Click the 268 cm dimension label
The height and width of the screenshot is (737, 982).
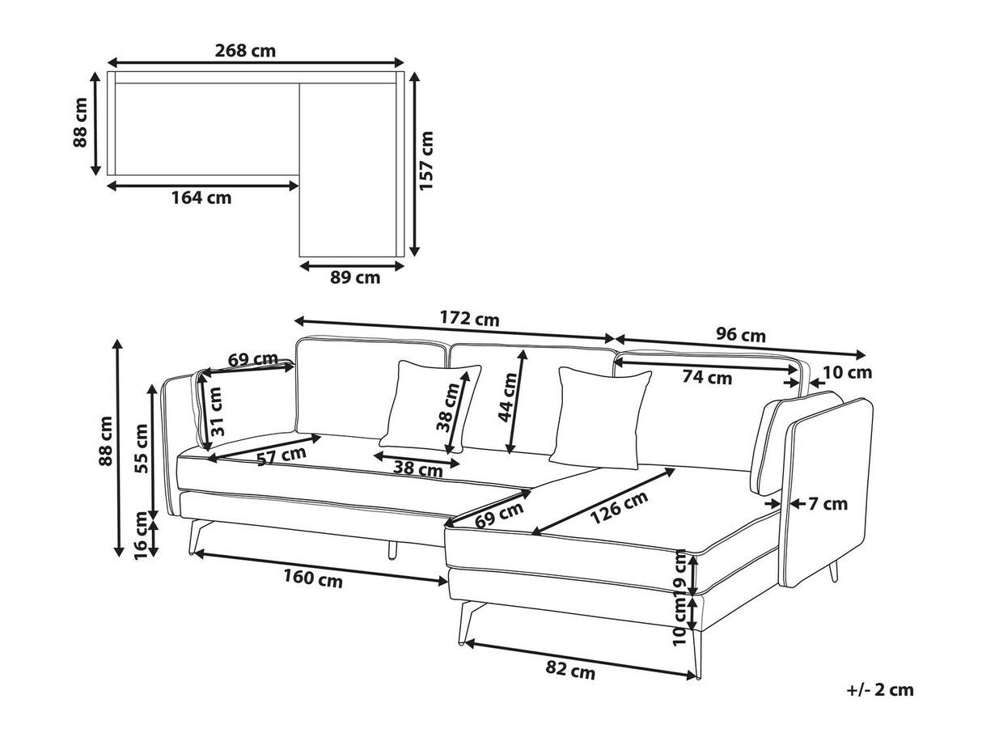[245, 51]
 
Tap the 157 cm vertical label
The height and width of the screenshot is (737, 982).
[426, 161]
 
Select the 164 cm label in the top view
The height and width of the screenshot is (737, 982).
[201, 197]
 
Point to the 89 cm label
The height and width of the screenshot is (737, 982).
[355, 277]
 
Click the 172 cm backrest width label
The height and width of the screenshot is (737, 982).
[469, 319]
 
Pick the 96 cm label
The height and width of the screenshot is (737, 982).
[741, 335]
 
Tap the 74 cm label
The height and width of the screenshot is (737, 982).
[707, 377]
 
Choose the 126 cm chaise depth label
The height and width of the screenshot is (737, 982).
[619, 507]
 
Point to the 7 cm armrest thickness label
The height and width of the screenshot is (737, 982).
[828, 504]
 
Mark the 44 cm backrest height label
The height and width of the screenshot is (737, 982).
[508, 397]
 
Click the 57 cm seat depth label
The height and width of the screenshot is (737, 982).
[281, 456]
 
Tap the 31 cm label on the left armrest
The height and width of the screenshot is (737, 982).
[217, 412]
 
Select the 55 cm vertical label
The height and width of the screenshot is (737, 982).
[142, 448]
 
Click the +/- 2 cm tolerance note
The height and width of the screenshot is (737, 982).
[880, 702]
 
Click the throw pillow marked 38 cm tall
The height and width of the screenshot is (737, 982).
[430, 407]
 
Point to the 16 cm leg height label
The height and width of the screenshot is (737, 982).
[141, 536]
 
